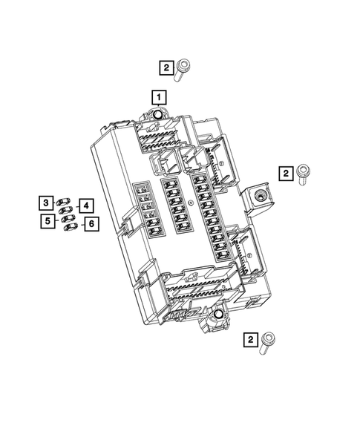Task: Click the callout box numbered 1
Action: pyautogui.click(x=158, y=96)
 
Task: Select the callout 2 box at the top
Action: pyautogui.click(x=166, y=69)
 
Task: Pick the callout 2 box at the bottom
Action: pyautogui.click(x=252, y=340)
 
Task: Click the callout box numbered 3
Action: pyautogui.click(x=46, y=203)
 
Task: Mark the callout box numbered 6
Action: pyautogui.click(x=91, y=223)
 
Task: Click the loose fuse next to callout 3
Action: pyautogui.click(x=63, y=202)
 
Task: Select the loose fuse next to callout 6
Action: pyautogui.click(x=71, y=227)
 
